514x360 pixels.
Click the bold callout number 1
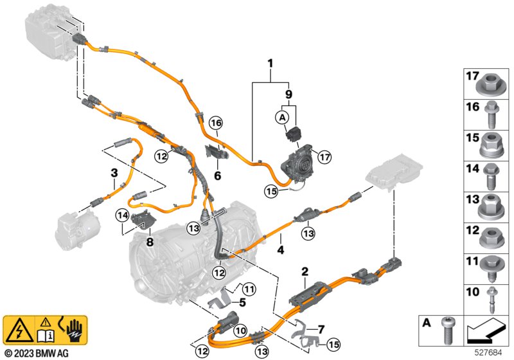[x=270, y=63]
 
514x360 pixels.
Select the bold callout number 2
[x=305, y=272]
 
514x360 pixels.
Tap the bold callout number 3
[x=114, y=172]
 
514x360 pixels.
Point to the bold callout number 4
[x=281, y=250]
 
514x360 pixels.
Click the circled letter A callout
[x=282, y=118]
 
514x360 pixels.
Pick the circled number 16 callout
[x=217, y=123]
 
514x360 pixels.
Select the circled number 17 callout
[x=324, y=157]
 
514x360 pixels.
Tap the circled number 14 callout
[x=123, y=215]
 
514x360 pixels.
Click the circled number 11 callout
[x=249, y=289]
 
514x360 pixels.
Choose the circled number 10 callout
[x=241, y=330]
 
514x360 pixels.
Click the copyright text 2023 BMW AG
[x=37, y=353]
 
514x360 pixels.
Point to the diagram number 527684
[x=489, y=353]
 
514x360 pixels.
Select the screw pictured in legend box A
[x=447, y=330]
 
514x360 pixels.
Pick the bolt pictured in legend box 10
[x=492, y=300]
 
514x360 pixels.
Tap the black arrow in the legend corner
[x=484, y=331]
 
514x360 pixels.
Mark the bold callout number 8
[x=150, y=242]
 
